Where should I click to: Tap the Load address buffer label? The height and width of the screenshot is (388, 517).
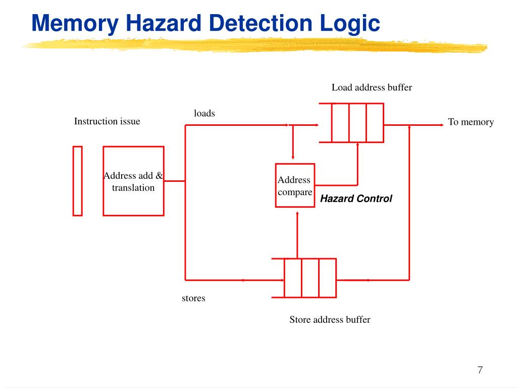(x=372, y=87)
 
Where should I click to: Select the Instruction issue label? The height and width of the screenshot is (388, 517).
(x=107, y=121)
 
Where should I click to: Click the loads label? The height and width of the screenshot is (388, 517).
(x=204, y=113)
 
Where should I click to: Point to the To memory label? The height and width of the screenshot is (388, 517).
(x=471, y=122)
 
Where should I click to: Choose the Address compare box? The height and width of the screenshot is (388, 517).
(x=295, y=185)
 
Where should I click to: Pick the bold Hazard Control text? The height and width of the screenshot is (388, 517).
(x=356, y=199)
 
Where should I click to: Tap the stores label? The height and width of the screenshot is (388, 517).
(x=193, y=298)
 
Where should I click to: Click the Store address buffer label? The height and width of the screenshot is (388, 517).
(x=330, y=319)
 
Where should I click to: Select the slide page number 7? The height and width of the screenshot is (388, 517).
(x=480, y=370)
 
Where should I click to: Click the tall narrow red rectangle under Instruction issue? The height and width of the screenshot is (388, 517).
(x=77, y=181)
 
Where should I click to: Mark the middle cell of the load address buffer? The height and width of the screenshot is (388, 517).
(x=357, y=123)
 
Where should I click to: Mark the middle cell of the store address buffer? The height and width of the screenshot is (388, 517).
(x=310, y=278)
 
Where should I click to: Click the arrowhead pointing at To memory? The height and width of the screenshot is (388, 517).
(x=440, y=125)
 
